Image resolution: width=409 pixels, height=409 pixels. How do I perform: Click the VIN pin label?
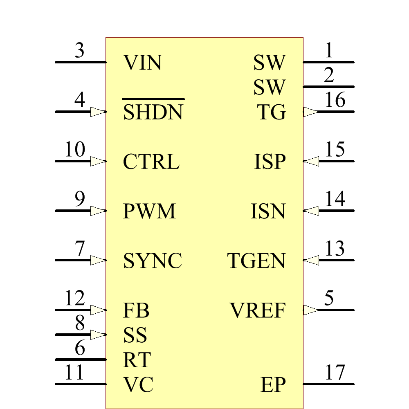pyautogui.click(x=142, y=63)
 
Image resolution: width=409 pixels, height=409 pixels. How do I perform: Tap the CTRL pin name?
pyautogui.click(x=151, y=162)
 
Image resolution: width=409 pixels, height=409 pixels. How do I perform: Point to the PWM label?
pyautogui.click(x=149, y=211)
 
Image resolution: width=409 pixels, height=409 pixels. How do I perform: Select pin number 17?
pyautogui.click(x=335, y=373)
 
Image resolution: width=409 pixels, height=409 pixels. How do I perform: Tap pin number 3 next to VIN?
pyautogui.click(x=80, y=51)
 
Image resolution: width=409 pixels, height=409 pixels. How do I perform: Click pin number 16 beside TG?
pyautogui.click(x=335, y=100)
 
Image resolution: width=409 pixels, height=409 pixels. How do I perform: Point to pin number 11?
pyautogui.click(x=74, y=373)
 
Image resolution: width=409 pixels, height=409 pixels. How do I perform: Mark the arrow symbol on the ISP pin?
pyautogui.click(x=311, y=161)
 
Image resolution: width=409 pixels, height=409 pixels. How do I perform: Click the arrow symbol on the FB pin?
pyautogui.click(x=98, y=310)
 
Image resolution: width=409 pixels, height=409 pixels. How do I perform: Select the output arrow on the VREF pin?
pyautogui.click(x=311, y=310)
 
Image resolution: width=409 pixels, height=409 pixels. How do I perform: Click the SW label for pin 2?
pyautogui.click(x=269, y=87)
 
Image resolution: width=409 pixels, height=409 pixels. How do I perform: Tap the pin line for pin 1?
pyautogui.click(x=328, y=62)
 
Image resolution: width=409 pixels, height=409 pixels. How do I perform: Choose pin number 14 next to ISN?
pyautogui.click(x=335, y=199)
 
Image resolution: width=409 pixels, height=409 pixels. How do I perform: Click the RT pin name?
pyautogui.click(x=137, y=360)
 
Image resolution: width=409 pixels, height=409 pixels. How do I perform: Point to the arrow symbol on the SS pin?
pyautogui.click(x=98, y=335)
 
